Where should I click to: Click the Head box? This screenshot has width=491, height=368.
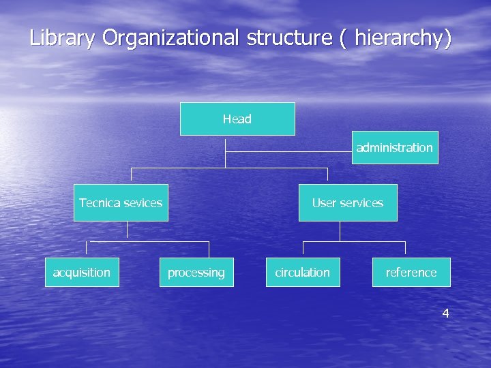point(237,119)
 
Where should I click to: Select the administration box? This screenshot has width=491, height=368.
point(395,147)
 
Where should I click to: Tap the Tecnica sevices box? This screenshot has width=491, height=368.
point(121,202)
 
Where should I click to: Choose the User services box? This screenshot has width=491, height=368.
point(348,202)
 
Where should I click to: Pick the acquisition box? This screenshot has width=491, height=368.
point(82,272)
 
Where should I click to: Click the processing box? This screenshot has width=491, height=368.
point(196,272)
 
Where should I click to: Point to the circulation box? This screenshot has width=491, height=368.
point(302,272)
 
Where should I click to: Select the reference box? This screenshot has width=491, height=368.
point(411,272)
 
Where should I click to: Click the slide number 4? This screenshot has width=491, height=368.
point(445,313)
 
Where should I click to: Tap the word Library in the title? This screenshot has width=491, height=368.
point(62,38)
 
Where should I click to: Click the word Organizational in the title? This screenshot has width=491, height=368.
point(171,38)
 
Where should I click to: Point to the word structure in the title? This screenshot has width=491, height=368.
point(289,38)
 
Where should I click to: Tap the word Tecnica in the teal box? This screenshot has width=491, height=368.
point(99,202)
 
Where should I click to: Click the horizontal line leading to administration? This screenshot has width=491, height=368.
point(289,151)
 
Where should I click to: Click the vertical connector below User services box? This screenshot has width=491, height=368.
point(340,231)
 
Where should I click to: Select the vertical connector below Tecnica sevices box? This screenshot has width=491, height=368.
point(127,230)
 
